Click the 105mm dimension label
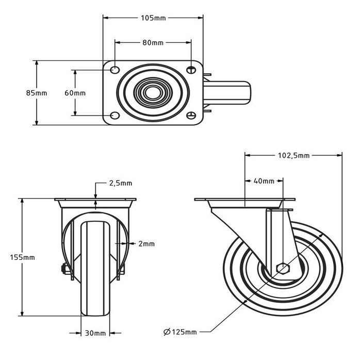153,18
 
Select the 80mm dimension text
153,43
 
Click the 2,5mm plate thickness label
120,183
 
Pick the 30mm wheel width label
95,333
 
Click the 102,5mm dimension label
293,155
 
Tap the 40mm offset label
264,181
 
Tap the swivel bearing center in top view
153,93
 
